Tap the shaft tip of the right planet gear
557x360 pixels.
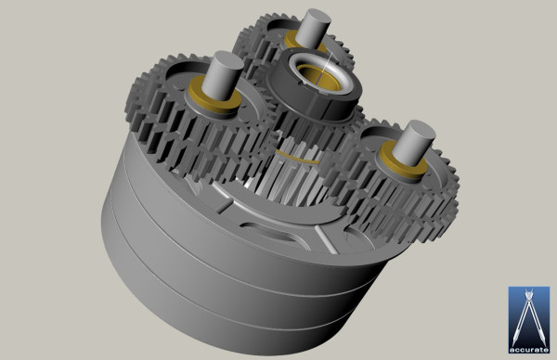coord(417,131)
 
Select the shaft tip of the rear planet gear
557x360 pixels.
coord(314,17)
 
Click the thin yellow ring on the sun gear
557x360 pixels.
coord(299,154)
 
